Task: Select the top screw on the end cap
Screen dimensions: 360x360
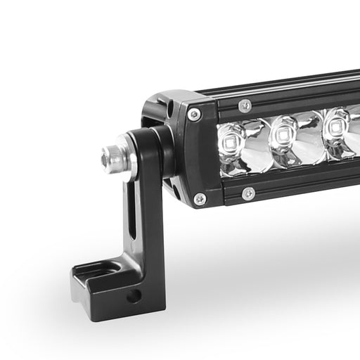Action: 194,114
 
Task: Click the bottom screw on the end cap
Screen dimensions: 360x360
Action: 200,199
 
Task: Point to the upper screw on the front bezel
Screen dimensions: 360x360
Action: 245,105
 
